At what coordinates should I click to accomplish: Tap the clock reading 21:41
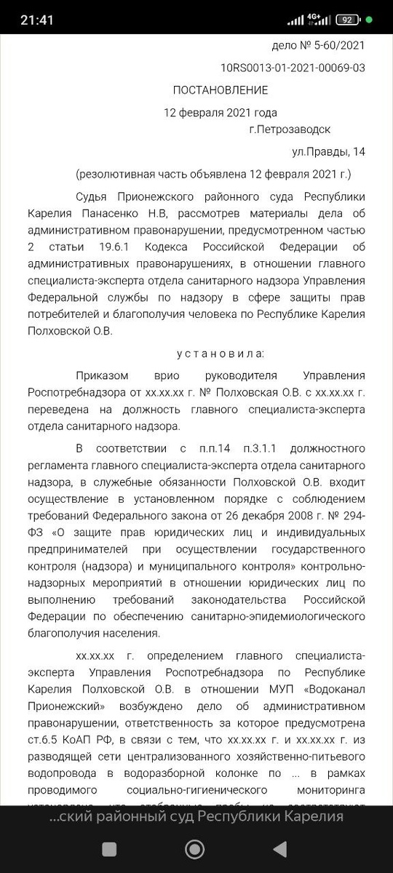click(36, 20)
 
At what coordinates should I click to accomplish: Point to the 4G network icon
click(314, 20)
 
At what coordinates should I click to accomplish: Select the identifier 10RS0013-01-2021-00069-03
click(293, 68)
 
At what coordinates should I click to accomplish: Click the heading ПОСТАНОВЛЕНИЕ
click(220, 90)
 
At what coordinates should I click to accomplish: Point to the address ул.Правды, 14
click(328, 152)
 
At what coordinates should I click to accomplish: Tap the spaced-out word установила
click(221, 354)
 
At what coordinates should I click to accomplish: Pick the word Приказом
click(102, 376)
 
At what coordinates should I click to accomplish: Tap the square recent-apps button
click(109, 848)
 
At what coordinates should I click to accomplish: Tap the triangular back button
click(279, 848)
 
